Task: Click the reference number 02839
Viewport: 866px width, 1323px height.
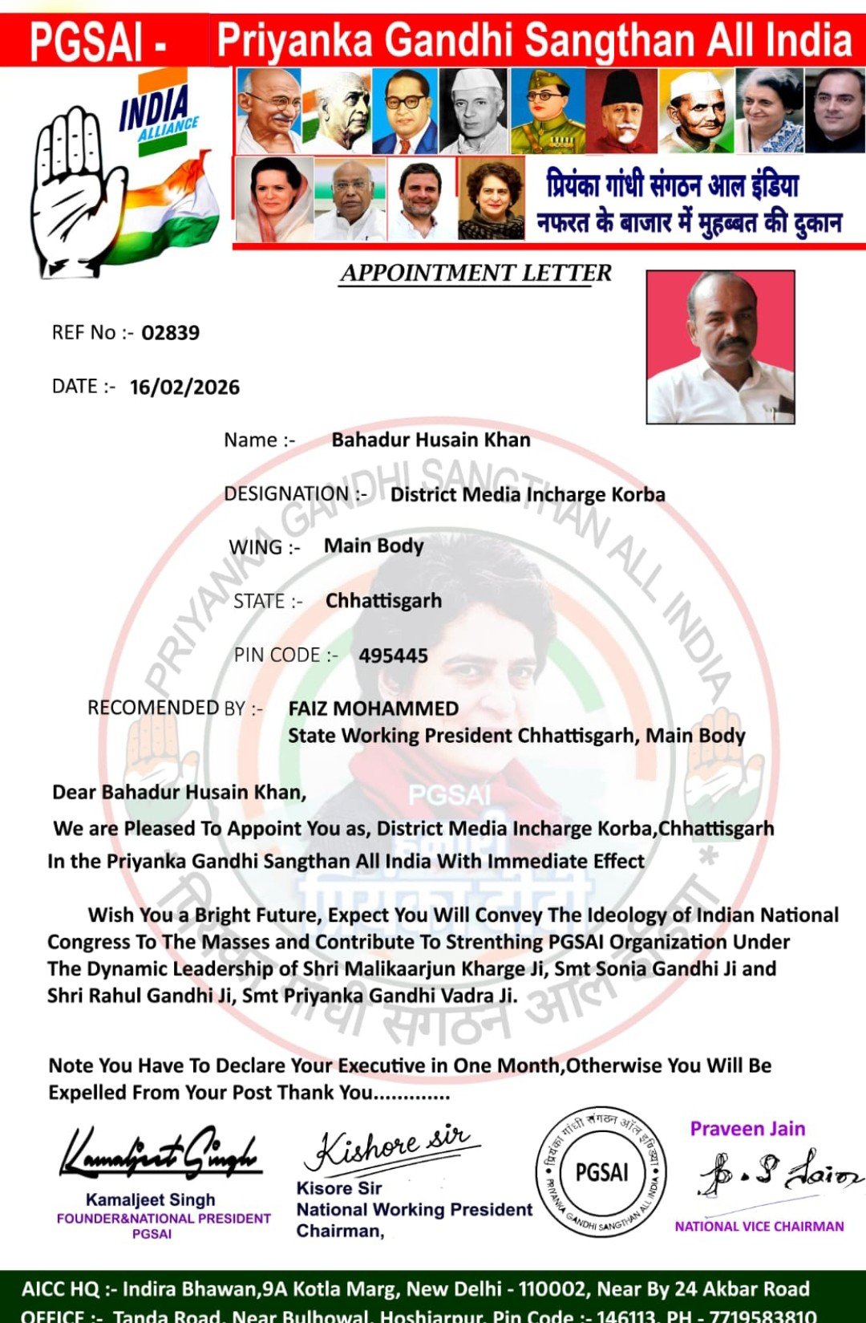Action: point(170,333)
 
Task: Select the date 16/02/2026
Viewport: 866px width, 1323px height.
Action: point(184,388)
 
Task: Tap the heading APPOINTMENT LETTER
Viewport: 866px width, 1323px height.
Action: point(475,274)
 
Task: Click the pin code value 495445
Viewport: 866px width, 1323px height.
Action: point(393,656)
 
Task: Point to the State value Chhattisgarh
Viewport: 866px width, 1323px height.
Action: point(383,601)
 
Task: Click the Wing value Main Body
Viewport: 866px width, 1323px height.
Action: point(374,546)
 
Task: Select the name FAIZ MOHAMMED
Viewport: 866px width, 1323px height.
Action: point(374,709)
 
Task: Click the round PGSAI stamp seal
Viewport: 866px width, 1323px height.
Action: point(601,1173)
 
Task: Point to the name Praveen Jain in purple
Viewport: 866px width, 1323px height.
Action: point(747,1129)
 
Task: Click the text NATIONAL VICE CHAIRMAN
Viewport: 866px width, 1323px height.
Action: point(759,1226)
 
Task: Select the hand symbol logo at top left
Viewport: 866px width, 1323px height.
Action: point(76,193)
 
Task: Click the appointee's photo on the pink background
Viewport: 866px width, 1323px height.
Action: point(720,347)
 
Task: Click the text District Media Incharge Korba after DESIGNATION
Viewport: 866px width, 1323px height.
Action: point(528,495)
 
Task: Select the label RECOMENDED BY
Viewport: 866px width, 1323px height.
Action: point(175,708)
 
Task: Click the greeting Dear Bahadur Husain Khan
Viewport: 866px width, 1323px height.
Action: point(179,793)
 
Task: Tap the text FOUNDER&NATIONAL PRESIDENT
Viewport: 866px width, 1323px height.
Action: point(164,1218)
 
